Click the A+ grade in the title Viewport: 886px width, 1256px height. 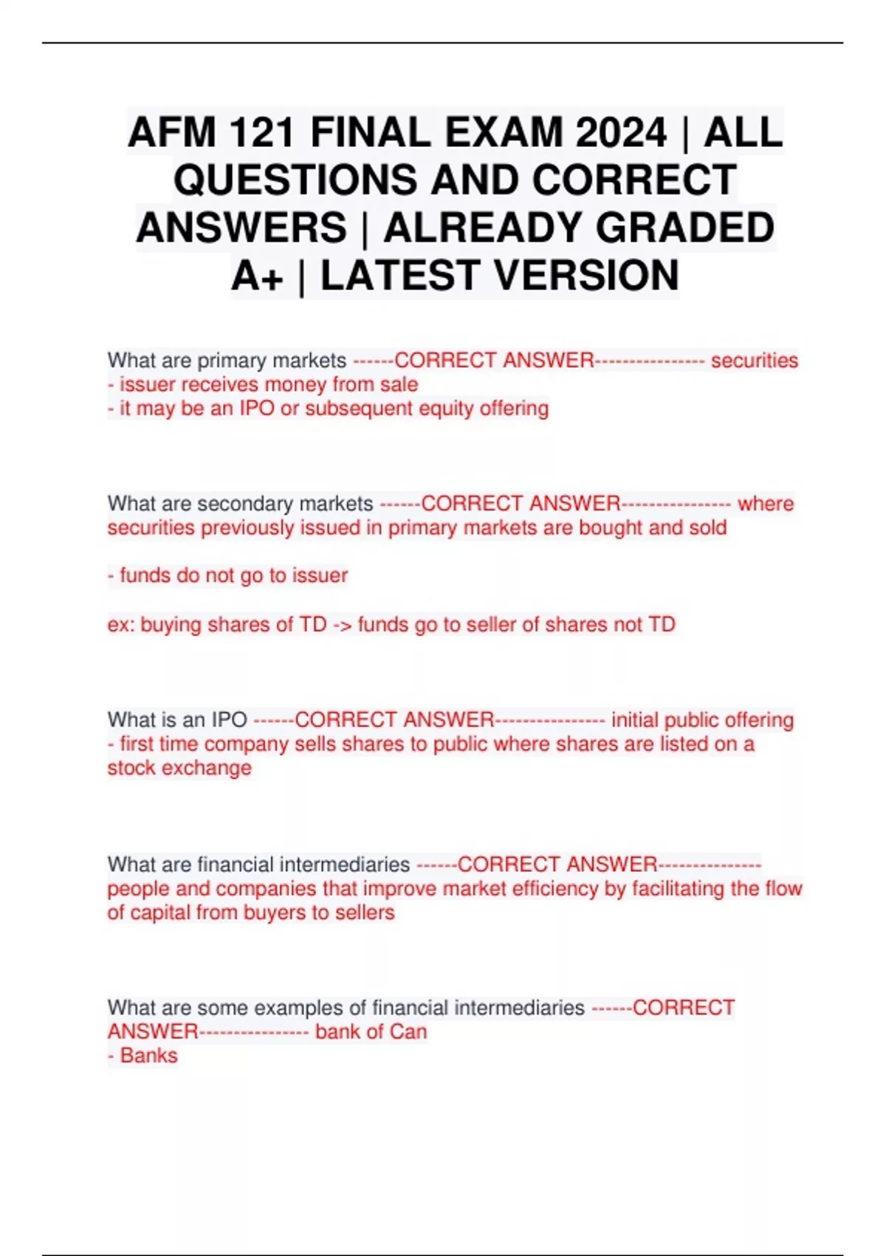click(x=257, y=276)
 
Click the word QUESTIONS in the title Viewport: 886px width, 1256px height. click(x=295, y=180)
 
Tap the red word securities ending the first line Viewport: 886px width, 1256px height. click(x=754, y=361)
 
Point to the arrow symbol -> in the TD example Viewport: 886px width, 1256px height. click(x=342, y=624)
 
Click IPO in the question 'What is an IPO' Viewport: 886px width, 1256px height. click(x=229, y=720)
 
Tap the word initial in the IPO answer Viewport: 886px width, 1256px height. click(x=635, y=720)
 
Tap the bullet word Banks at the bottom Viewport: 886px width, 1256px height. click(x=148, y=1056)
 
